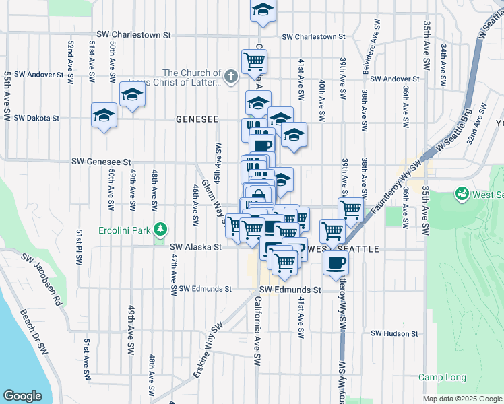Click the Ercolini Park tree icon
pyautogui.click(x=160, y=230)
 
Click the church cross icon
pyautogui.click(x=231, y=75)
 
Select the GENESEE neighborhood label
pyautogui.click(x=197, y=119)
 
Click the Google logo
pyautogui.click(x=22, y=395)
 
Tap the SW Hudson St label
pyautogui.click(x=394, y=333)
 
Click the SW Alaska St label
pyautogui.click(x=196, y=247)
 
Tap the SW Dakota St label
pyautogui.click(x=36, y=117)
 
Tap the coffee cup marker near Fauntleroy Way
pyautogui.click(x=336, y=263)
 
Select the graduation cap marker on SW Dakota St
pyautogui.click(x=104, y=116)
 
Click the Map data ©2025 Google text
pyautogui.click(x=462, y=399)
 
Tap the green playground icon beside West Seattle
pyautogui.click(x=462, y=195)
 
